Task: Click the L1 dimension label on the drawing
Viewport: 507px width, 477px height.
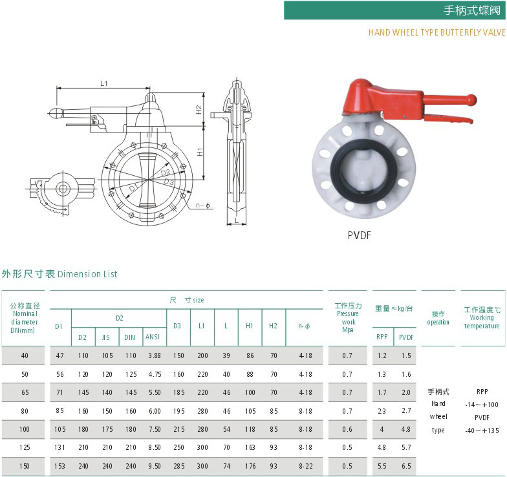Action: (103, 83)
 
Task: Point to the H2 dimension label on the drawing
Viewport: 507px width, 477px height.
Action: (199, 110)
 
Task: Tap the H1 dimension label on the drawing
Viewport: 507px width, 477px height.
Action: (200, 152)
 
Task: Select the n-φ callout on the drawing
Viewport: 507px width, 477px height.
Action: (203, 206)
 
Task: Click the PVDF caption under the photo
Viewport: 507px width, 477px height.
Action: (360, 235)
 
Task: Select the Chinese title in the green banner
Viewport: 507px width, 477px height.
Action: (471, 10)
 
